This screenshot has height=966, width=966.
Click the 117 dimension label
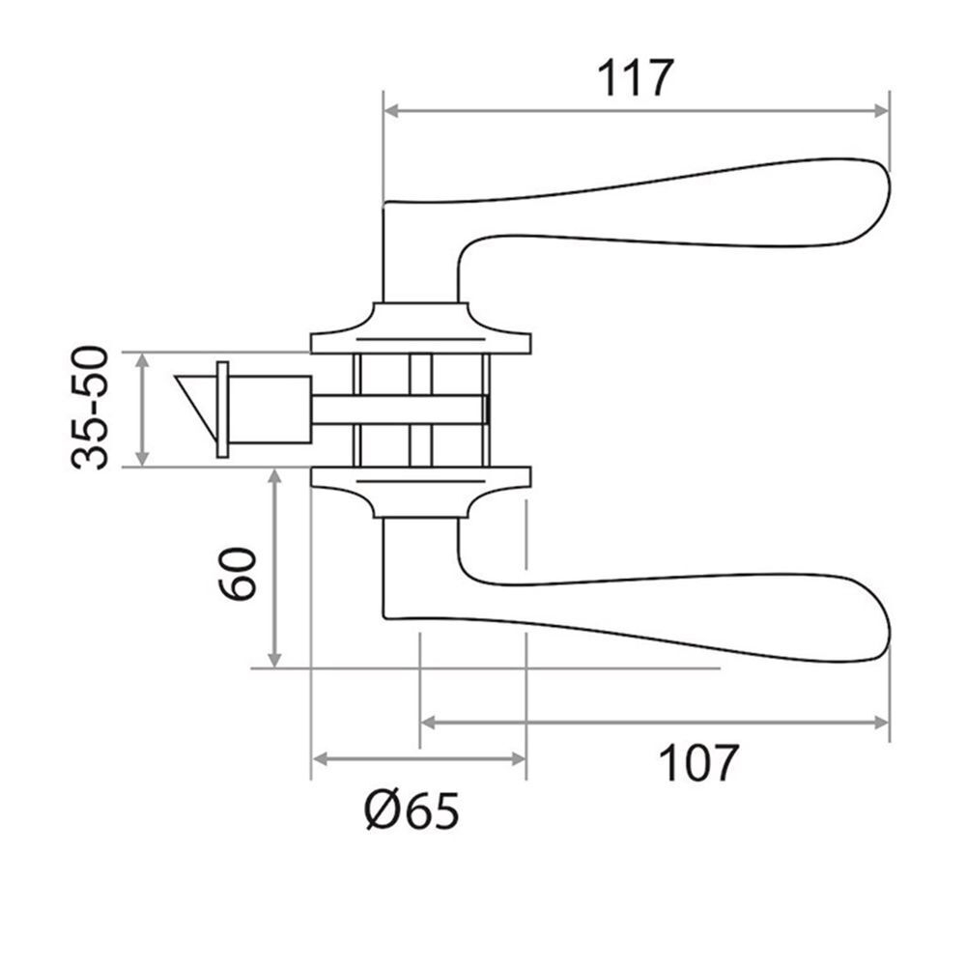coord(634,78)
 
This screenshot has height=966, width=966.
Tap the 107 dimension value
coord(698,764)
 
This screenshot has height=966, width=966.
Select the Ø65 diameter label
coord(412,812)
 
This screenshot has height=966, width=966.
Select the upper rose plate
coord(420,333)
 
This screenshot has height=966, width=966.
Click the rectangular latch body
coord(270,410)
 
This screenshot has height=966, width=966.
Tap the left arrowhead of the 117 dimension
coord(391,111)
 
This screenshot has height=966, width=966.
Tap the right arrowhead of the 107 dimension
coord(881,722)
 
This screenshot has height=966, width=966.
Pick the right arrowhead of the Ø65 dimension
coord(519,759)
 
